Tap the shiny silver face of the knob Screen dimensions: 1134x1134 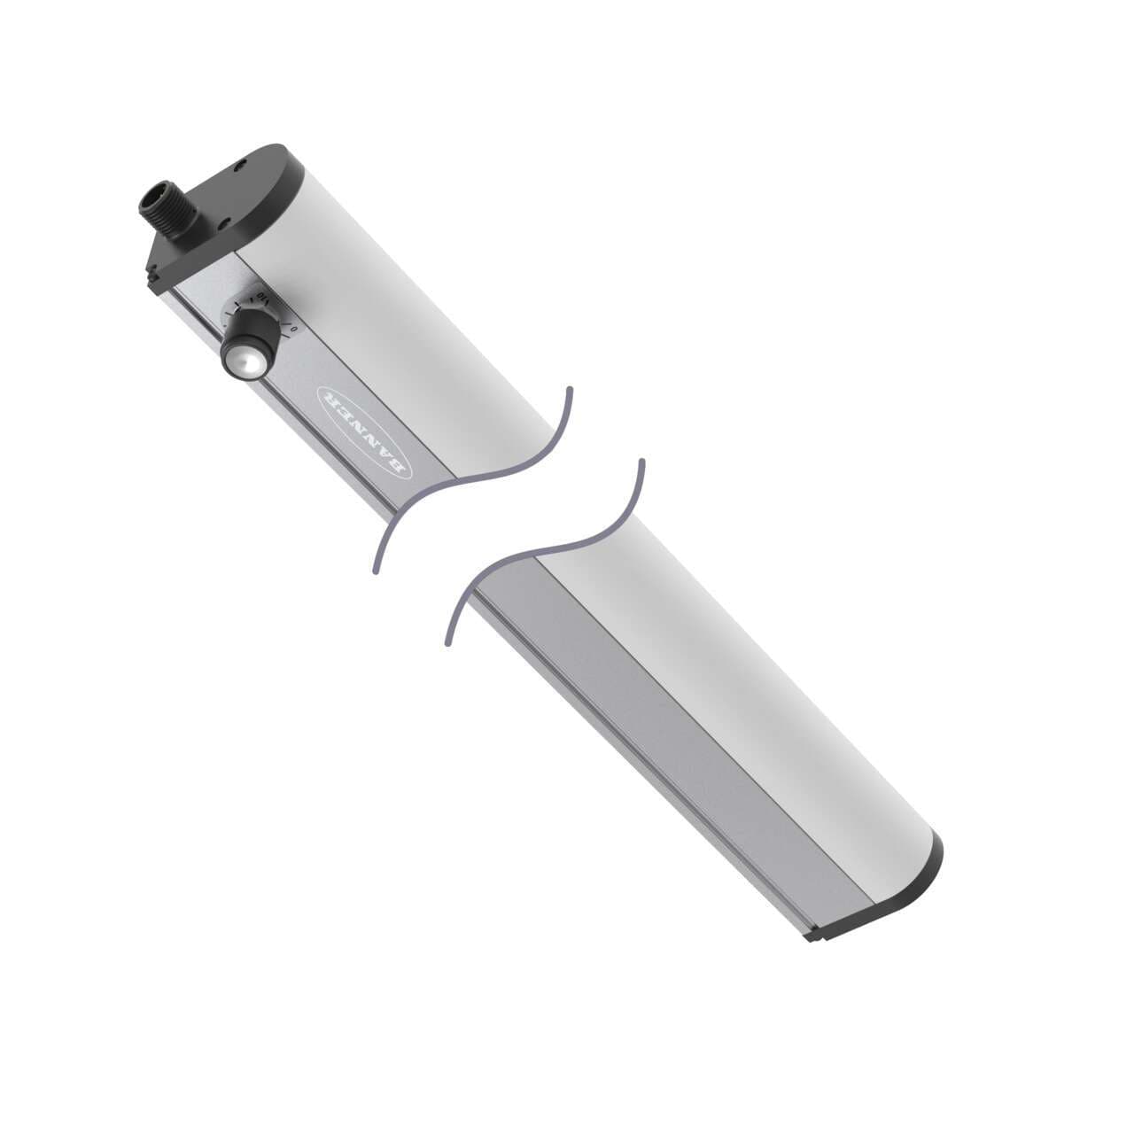[x=237, y=361]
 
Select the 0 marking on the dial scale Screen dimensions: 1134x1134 [x=294, y=330]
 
